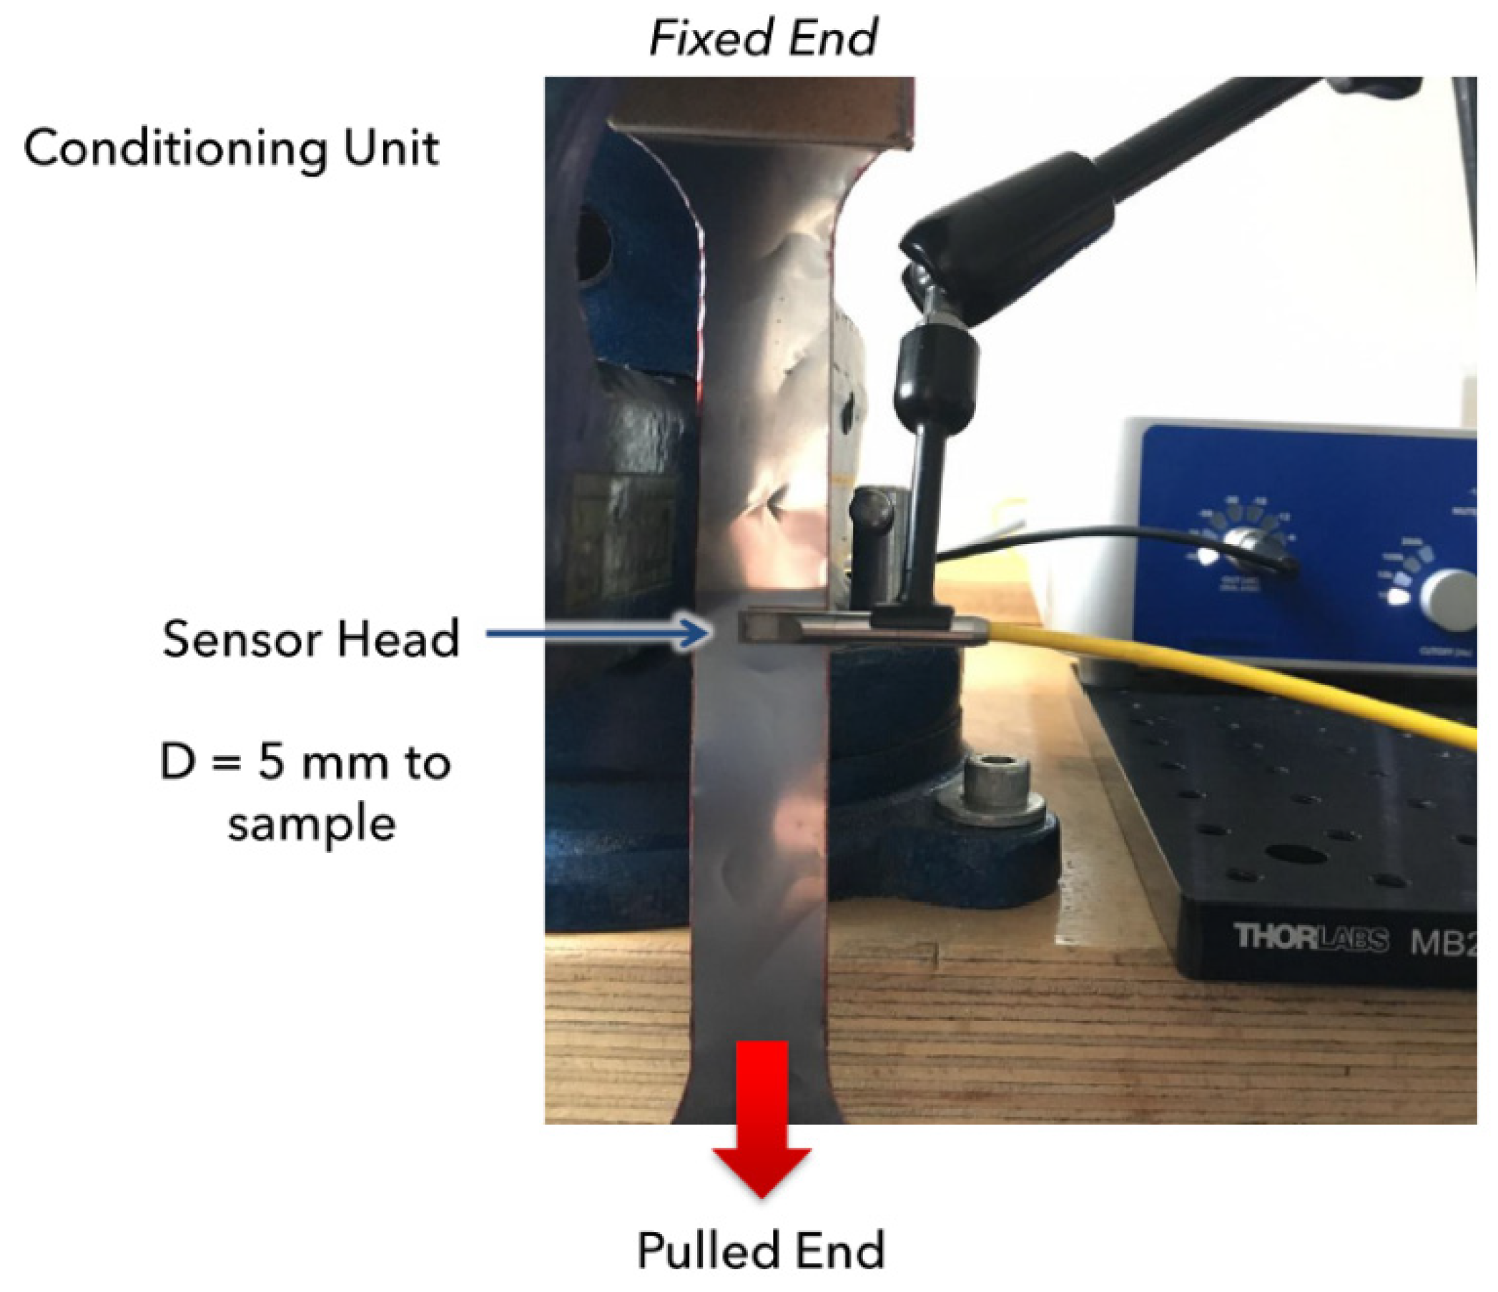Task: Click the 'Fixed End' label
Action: tap(764, 38)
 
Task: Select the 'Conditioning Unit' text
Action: tap(232, 149)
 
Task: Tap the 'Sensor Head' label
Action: tap(311, 638)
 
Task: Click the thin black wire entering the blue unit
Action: tap(1085, 536)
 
